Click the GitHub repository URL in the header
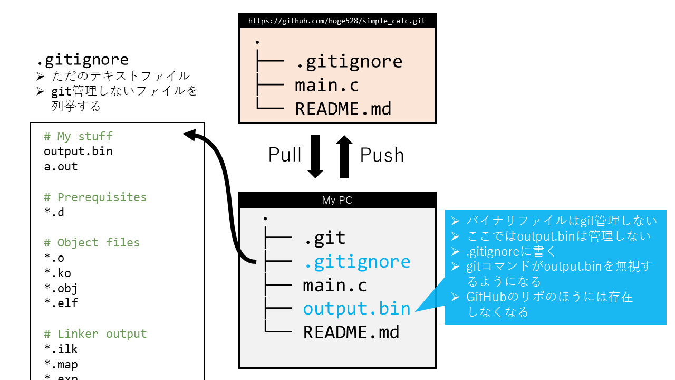coord(337,21)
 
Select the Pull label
coord(285,155)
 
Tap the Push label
coord(382,155)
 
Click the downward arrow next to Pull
coord(315,157)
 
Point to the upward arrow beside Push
coord(344,156)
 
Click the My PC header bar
coord(337,200)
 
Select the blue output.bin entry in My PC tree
coord(356,309)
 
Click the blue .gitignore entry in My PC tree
coord(356,262)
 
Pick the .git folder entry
coord(324,238)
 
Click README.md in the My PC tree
coord(351,332)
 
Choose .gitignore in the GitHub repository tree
coord(349,62)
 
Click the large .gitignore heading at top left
coord(83,60)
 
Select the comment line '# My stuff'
coord(78,137)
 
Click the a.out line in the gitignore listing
coord(61,167)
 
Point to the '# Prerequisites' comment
coord(95,197)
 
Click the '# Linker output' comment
coord(95,334)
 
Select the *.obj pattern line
coord(61,288)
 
